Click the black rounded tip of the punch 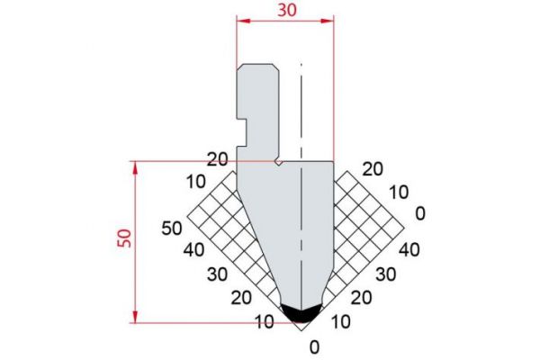coord(300,310)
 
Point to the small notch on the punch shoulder coord(281,164)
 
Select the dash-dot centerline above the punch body coord(302,108)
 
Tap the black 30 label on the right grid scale coord(385,273)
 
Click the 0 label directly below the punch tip coord(313,346)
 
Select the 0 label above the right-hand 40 coord(418,213)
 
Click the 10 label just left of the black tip coord(265,321)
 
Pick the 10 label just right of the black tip coord(341,321)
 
